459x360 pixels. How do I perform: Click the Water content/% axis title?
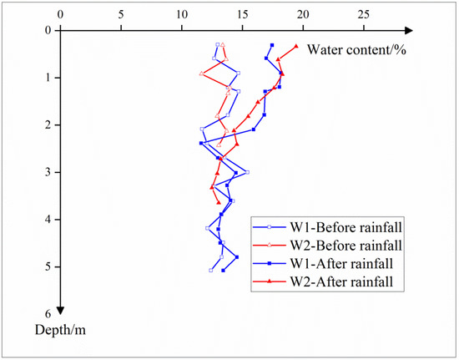pos(356,49)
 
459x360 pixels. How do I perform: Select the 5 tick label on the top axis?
pos(121,14)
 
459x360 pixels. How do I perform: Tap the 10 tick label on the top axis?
pos(181,14)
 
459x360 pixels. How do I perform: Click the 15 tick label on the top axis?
pos(242,14)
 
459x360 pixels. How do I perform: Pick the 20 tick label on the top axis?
pos(303,14)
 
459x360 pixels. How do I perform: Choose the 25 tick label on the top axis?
pos(364,14)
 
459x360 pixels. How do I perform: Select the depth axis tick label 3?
pos(48,172)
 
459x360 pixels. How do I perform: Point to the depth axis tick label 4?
pos(48,220)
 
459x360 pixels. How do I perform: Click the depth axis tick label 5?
pos(48,266)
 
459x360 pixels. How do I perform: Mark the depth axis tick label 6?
pos(48,314)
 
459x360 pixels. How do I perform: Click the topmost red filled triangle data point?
pos(296,46)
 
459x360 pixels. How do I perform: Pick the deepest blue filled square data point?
pos(223,271)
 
